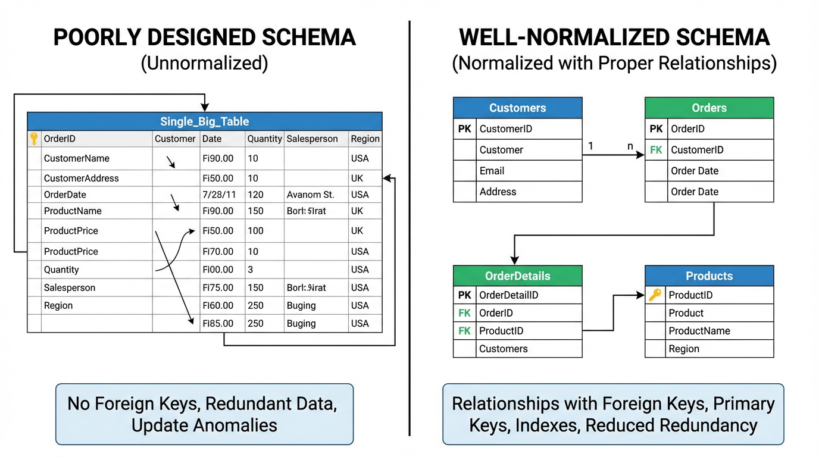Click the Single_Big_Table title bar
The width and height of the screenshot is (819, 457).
point(204,121)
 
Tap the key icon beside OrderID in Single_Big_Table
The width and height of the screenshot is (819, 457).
point(34,139)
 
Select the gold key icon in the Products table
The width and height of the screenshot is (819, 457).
point(655,295)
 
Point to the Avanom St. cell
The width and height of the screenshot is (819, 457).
point(310,195)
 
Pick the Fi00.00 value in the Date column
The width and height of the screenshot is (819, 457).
point(218,270)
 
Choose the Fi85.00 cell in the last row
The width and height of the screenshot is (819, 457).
point(218,324)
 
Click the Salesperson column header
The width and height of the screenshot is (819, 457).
point(312,139)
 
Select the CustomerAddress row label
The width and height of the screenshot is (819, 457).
point(81,178)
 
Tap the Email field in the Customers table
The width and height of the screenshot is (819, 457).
point(492,171)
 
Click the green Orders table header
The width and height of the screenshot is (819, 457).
point(709,108)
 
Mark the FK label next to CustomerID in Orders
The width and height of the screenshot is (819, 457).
point(656,150)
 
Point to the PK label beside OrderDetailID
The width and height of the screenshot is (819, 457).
point(464,295)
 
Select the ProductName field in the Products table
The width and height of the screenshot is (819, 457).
point(699,331)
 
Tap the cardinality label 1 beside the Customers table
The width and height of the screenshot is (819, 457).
point(590,146)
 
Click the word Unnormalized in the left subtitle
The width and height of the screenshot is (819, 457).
point(204,63)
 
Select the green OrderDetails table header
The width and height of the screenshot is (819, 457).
point(517,276)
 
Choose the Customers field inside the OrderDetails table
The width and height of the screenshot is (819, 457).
point(504,349)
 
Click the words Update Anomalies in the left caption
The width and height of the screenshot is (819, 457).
point(204,425)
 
